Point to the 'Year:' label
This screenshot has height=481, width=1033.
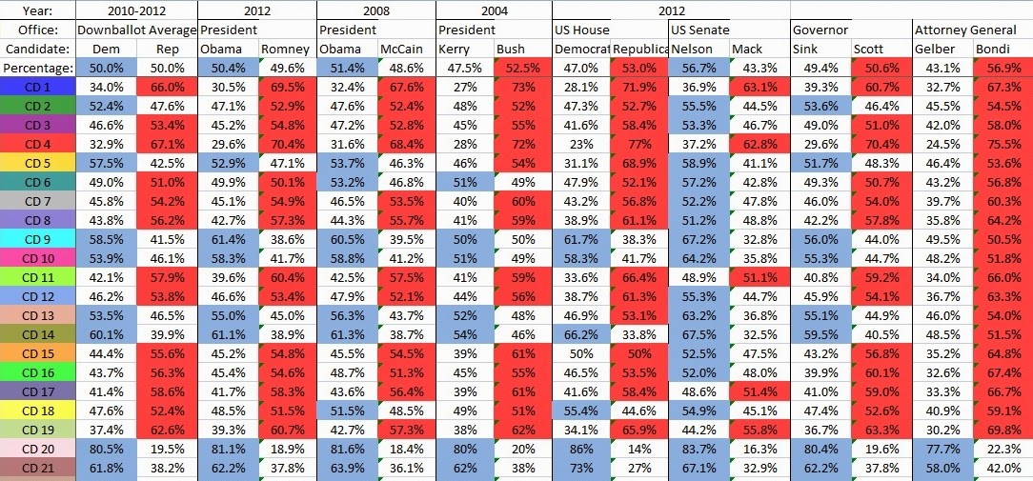coord(37,11)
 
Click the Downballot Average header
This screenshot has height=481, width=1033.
coord(137,30)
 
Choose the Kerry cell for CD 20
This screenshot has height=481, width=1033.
coord(465,450)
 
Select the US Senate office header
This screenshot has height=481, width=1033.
coord(700,30)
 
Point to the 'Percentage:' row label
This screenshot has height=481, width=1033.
coord(37,68)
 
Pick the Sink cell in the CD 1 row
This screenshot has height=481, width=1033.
coord(820,87)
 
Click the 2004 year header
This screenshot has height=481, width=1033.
coord(494,11)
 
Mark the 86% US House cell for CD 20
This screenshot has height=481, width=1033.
coord(581,450)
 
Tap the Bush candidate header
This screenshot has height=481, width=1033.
coord(511,49)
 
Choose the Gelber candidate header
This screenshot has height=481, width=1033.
coord(934,49)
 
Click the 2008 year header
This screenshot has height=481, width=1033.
coord(376,11)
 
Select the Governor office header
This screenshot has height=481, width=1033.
coord(820,30)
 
